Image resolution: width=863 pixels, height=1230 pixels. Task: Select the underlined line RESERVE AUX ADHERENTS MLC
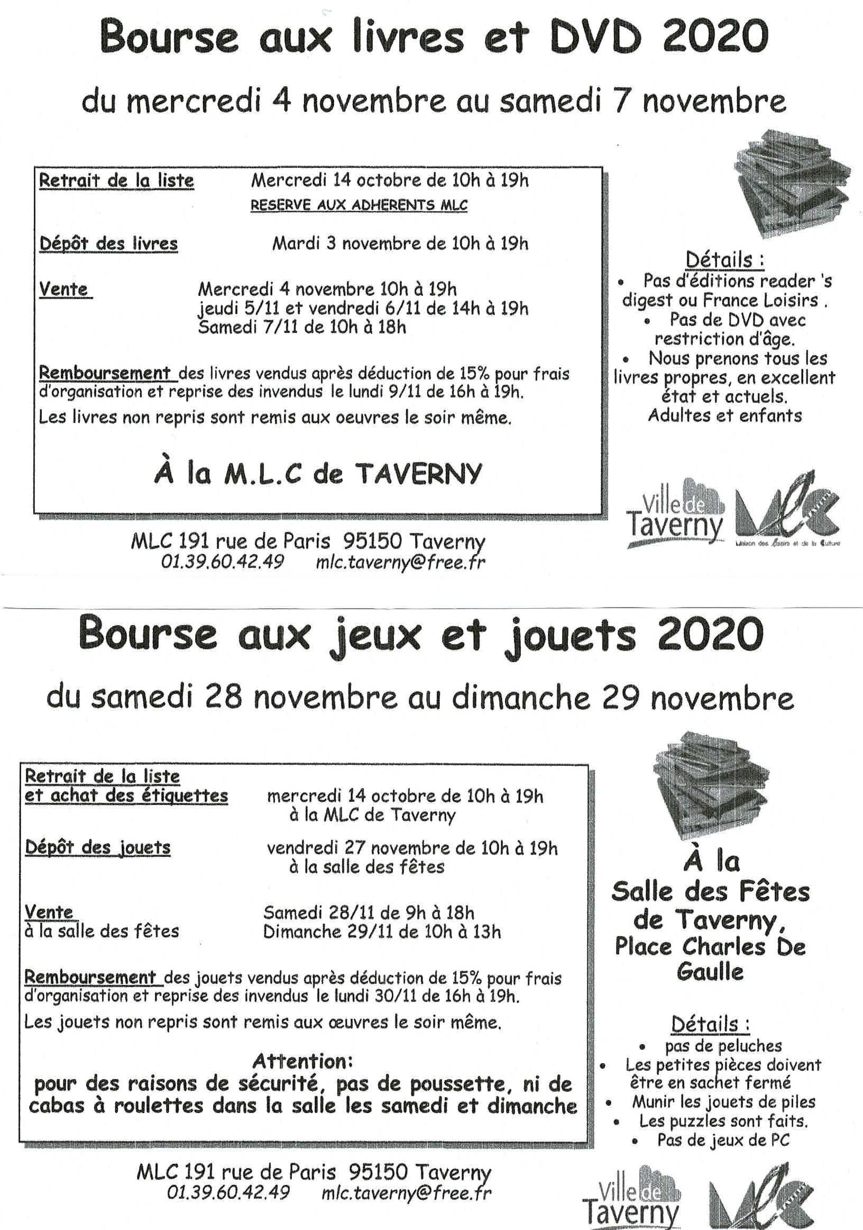coord(359,205)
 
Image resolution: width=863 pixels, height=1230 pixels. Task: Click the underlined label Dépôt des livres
coord(108,244)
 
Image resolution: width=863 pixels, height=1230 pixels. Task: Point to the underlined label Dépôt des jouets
coord(97,847)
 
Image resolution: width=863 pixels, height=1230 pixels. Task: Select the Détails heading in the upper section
coord(725,260)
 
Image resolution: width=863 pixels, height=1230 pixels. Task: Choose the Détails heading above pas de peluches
coord(710,1024)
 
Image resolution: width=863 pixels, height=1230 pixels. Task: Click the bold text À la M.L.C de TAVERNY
coord(318,474)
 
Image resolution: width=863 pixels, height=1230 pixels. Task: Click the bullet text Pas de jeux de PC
coord(723,1140)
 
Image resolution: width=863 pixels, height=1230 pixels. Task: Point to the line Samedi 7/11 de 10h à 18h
coord(302,327)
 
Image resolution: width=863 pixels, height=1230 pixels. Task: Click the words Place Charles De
coord(710,946)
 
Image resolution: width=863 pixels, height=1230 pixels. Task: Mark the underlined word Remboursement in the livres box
coord(105,372)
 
